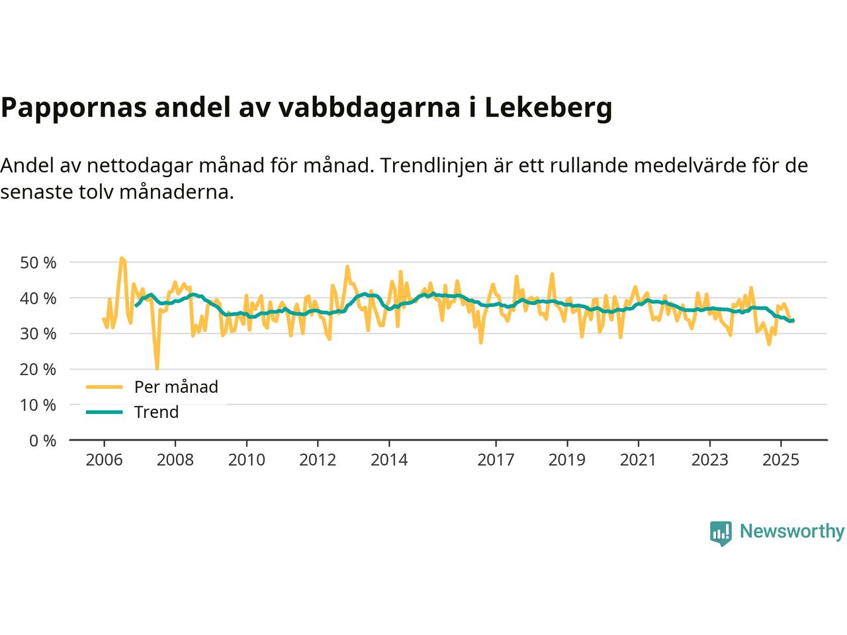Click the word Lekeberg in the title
click(549, 108)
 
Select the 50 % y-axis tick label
click(38, 263)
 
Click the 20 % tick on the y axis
click(38, 369)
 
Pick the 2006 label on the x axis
click(104, 460)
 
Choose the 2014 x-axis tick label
click(389, 460)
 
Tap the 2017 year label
click(496, 460)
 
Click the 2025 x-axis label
click(781, 460)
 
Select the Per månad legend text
click(176, 387)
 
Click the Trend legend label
click(156, 412)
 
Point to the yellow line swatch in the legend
click(105, 387)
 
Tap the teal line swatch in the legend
click(105, 412)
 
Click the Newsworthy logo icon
click(721, 532)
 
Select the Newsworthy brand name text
click(791, 532)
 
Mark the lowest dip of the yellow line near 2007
click(157, 368)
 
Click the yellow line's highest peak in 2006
click(121, 258)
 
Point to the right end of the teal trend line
click(793, 321)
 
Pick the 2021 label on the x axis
click(638, 460)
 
